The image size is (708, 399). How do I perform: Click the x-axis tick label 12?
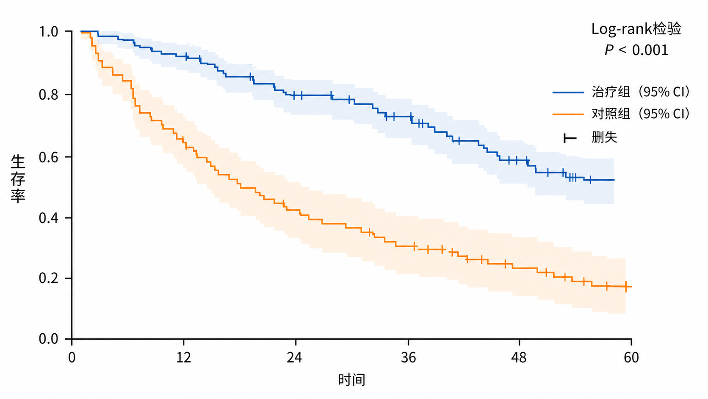click(x=184, y=357)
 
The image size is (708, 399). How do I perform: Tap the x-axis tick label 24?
click(x=295, y=357)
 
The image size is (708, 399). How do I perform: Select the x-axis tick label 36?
click(x=409, y=357)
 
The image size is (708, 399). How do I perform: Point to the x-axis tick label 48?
click(x=519, y=357)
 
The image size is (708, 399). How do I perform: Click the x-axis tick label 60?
click(x=631, y=357)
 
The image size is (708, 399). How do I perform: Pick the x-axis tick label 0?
click(x=72, y=357)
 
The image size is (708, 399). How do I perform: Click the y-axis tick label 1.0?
click(x=49, y=32)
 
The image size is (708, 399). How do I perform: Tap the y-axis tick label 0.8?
click(x=49, y=95)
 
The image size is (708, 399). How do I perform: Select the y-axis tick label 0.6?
click(x=49, y=157)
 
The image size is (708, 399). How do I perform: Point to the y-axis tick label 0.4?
click(x=49, y=218)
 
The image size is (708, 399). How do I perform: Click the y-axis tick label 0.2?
click(x=49, y=278)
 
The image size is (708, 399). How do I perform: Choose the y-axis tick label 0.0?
click(x=49, y=339)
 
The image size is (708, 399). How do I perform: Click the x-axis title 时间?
click(x=352, y=379)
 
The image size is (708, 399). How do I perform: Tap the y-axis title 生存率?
click(x=18, y=179)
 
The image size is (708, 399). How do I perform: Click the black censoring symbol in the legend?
click(x=570, y=138)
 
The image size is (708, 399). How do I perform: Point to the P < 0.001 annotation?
click(x=636, y=50)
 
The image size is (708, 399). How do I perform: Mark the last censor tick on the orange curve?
click(x=626, y=287)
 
